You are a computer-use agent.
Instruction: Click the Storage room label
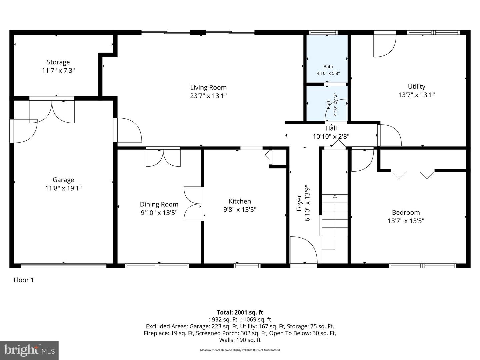[58, 62]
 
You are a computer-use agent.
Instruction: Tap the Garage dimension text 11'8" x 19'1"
[63, 188]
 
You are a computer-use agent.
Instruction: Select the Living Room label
[208, 88]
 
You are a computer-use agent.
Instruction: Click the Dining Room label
[159, 204]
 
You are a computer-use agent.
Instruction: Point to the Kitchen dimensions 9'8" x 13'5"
[240, 210]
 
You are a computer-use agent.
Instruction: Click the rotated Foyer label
[299, 203]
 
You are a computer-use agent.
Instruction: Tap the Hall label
[331, 128]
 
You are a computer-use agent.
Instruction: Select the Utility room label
[416, 87]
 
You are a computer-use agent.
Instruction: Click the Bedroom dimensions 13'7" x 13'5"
[406, 221]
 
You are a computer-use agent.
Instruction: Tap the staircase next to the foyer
[334, 222]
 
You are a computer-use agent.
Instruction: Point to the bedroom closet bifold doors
[413, 174]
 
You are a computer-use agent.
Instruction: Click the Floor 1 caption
[24, 280]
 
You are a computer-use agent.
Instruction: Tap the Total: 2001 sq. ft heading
[240, 312]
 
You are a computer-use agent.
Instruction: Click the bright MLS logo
[29, 350]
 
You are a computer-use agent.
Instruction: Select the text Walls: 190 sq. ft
[240, 340]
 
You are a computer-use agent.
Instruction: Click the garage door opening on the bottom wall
[63, 266]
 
